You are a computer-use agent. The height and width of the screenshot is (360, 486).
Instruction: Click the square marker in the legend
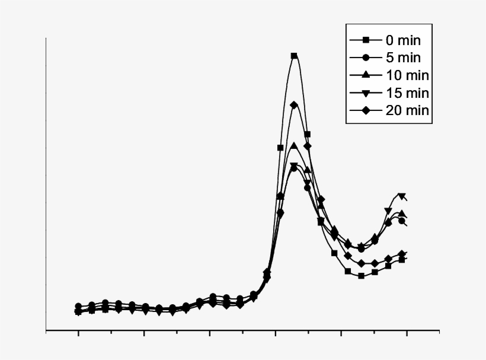(366, 40)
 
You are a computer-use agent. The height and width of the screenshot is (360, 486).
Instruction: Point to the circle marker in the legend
(366, 58)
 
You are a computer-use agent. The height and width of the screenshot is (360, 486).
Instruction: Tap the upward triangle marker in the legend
(366, 75)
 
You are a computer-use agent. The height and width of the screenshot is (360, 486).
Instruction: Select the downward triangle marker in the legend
(366, 93)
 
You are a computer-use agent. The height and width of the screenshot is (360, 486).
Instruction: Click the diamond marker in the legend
(366, 110)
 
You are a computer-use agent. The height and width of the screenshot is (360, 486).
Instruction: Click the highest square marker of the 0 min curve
(294, 56)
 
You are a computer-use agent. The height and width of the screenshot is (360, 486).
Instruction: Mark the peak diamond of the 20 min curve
(294, 105)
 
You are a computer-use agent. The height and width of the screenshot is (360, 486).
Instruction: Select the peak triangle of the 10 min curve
(294, 145)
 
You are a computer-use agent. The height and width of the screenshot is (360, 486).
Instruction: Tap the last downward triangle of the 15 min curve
(402, 196)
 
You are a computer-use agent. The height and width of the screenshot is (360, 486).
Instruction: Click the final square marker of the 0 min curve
(402, 260)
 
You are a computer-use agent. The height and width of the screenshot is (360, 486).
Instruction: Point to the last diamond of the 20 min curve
(402, 254)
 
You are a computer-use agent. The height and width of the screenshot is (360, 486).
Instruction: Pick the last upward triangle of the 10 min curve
(402, 214)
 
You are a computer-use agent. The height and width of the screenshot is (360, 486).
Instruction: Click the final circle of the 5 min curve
(402, 221)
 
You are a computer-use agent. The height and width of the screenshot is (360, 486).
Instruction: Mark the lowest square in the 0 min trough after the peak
(361, 276)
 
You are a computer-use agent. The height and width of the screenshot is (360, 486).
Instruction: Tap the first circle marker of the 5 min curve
(78, 306)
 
